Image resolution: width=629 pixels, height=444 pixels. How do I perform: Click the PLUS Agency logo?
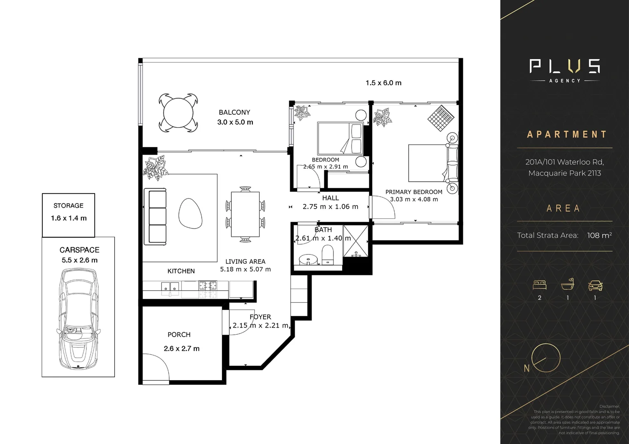(564, 69)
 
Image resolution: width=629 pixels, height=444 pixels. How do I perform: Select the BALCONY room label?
(234, 112)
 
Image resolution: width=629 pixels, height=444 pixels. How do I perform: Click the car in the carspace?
(78, 319)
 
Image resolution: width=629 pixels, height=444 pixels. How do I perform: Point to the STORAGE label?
(68, 206)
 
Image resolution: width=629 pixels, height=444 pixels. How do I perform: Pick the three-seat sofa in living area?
(155, 217)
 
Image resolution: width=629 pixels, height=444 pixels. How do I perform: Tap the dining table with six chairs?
(245, 214)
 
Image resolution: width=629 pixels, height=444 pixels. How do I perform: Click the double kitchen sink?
(170, 287)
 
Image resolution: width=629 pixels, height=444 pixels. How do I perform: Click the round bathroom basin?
(306, 260)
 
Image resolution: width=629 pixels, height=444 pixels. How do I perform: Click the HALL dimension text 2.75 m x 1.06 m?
(330, 207)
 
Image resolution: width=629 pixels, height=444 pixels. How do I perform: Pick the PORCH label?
(179, 335)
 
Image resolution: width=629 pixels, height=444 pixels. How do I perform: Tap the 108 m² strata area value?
(599, 236)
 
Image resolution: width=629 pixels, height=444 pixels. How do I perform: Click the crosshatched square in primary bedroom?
(441, 118)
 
